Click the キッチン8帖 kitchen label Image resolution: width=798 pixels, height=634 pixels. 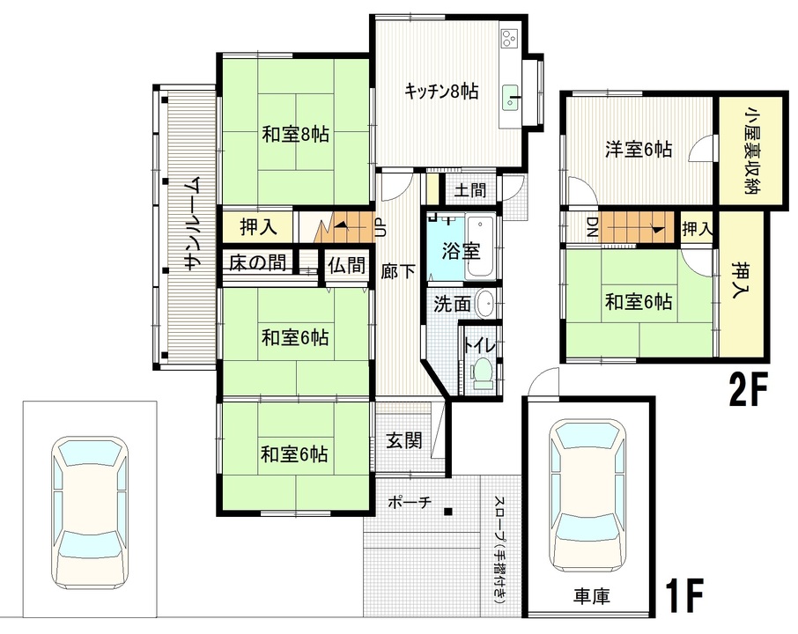440,92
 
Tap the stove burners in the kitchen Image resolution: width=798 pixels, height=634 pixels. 509,38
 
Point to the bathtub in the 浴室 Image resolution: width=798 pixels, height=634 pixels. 480,247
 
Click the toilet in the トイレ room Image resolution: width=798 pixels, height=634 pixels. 481,373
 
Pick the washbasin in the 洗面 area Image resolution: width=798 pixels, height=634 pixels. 484,304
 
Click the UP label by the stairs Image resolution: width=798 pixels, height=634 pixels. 380,227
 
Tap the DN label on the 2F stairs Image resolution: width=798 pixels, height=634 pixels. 592,227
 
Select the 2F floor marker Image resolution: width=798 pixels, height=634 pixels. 748,390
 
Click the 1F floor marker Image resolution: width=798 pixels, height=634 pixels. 684,595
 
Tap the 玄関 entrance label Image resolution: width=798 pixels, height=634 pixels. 404,440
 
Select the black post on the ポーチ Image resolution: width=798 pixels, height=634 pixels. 447,511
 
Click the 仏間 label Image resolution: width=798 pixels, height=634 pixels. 346,264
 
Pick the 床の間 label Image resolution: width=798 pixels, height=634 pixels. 257,263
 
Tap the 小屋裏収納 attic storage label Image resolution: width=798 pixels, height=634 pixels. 750,151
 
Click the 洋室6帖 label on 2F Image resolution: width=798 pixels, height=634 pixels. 639,150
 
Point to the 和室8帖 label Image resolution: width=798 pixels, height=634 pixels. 295,135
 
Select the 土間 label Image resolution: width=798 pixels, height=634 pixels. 470,190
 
